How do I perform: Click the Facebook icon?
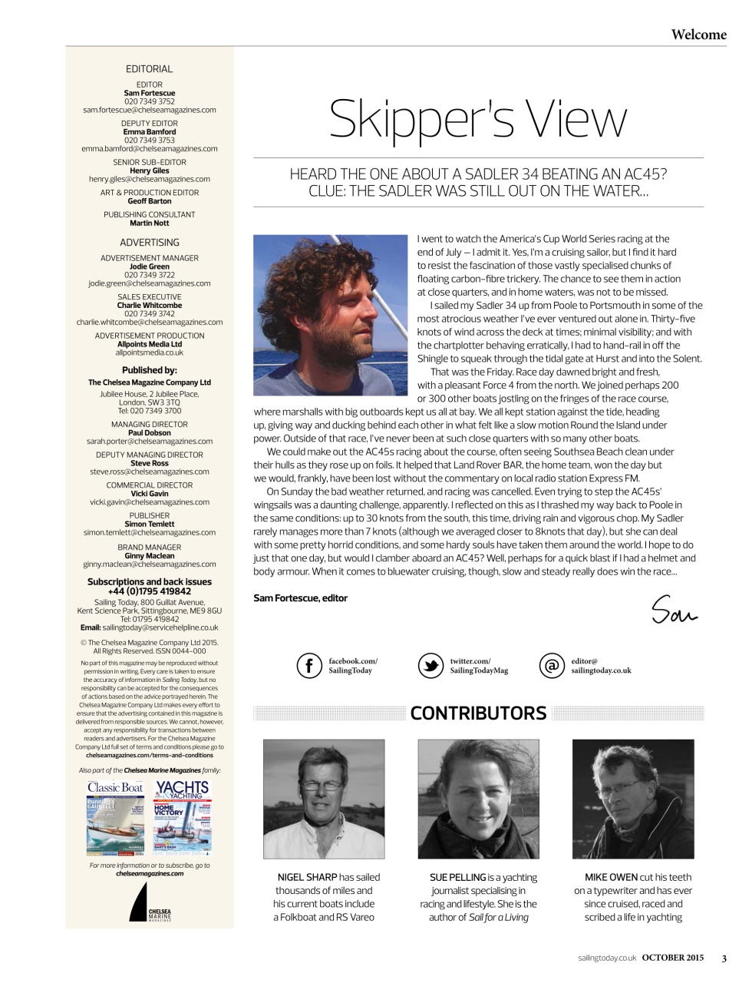pos(309,665)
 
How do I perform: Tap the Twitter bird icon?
pos(430,665)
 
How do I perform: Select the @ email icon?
pos(551,665)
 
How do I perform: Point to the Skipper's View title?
pos(478,120)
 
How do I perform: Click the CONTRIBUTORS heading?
pos(478,713)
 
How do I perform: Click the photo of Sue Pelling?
pos(478,799)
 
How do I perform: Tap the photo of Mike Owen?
pos(633,799)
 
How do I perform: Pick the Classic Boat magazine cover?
pos(116,817)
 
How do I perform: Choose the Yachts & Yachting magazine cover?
pos(182,817)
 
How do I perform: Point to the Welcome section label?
pos(698,35)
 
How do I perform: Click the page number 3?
pos(724,958)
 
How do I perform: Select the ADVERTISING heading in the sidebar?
pos(150,243)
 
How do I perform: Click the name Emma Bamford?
pos(150,132)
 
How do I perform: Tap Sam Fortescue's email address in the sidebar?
pos(150,110)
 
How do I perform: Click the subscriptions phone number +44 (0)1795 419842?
pos(150,591)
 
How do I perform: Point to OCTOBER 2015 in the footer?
pos(672,958)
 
